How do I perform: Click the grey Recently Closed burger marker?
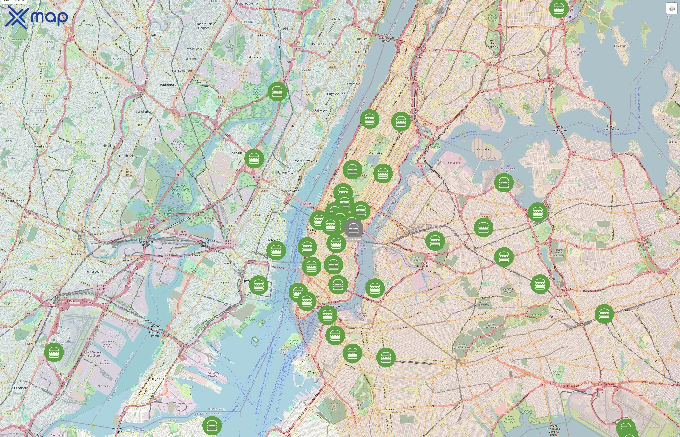pyautogui.click(x=353, y=228)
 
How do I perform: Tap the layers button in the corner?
pyautogui.click(x=671, y=8)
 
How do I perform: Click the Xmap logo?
pyautogui.click(x=36, y=17)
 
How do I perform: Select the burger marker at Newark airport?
pyautogui.click(x=54, y=352)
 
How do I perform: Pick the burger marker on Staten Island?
pyautogui.click(x=212, y=426)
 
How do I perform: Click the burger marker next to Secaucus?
pyautogui.click(x=254, y=158)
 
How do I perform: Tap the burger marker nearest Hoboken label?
pyautogui.click(x=276, y=250)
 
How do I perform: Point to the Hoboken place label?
pyautogui.click(x=273, y=240)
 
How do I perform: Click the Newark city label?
pyautogui.click(x=75, y=254)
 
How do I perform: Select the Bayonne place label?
pyautogui.click(x=158, y=379)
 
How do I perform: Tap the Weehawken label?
pyautogui.click(x=290, y=191)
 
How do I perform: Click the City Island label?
pyautogui.click(x=621, y=46)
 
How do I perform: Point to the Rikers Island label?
pyautogui.click(x=484, y=149)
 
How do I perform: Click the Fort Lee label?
pyautogui.click(x=361, y=39)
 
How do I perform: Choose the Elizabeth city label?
pyautogui.click(x=21, y=388)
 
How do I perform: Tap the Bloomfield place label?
pyautogui.click(x=39, y=146)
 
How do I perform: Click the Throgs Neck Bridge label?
pyautogui.click(x=611, y=128)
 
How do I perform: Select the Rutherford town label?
pyautogui.click(x=168, y=84)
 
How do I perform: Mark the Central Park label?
pyautogui.click(x=368, y=166)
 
